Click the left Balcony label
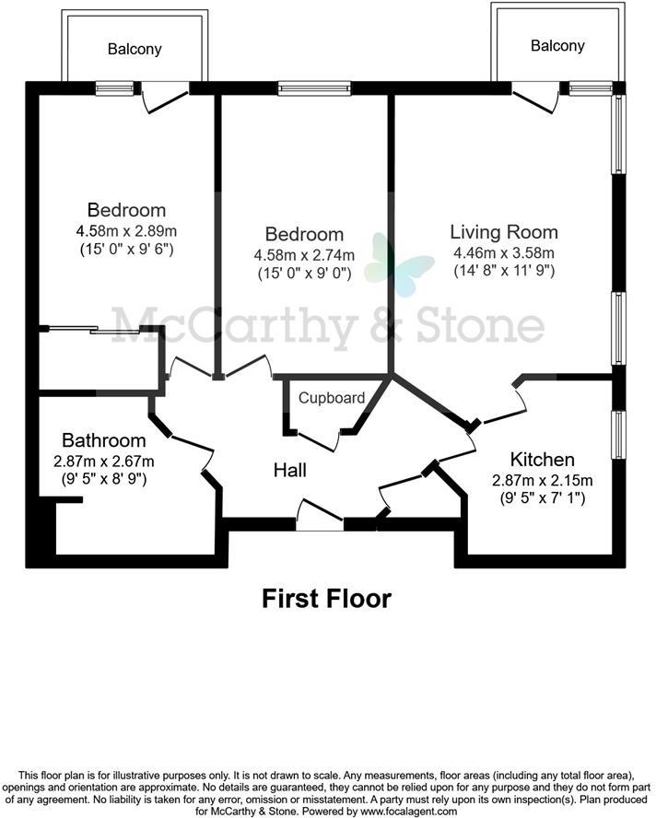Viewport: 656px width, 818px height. click(134, 49)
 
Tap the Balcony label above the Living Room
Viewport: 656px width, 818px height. click(557, 45)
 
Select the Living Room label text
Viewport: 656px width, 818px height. click(504, 232)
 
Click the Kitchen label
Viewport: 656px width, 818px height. click(543, 460)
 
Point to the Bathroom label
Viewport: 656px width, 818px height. click(104, 440)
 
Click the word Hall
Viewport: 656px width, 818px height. click(290, 470)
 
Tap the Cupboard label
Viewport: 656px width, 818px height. click(331, 398)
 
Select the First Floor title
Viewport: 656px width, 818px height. click(327, 599)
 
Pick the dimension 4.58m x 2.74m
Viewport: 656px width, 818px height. click(304, 254)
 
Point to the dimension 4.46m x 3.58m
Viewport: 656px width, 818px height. click(504, 252)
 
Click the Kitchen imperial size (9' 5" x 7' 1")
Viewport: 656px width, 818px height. click(543, 499)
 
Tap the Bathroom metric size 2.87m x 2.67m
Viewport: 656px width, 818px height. click(104, 461)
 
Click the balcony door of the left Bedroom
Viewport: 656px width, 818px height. click(165, 95)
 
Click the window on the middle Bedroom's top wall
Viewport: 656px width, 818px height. click(314, 88)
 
